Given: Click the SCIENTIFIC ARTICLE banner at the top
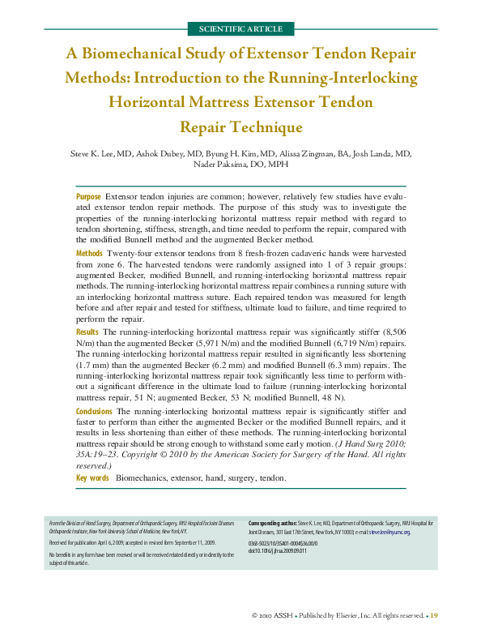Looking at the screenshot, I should [x=240, y=29].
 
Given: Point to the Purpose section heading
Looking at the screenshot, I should [x=88, y=197].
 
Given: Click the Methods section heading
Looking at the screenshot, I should [x=89, y=254].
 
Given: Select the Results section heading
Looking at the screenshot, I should [x=87, y=332].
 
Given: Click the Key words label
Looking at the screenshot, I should [x=92, y=478].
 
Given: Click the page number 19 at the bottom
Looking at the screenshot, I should [x=433, y=616].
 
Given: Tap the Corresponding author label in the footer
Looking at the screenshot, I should [x=272, y=523].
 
